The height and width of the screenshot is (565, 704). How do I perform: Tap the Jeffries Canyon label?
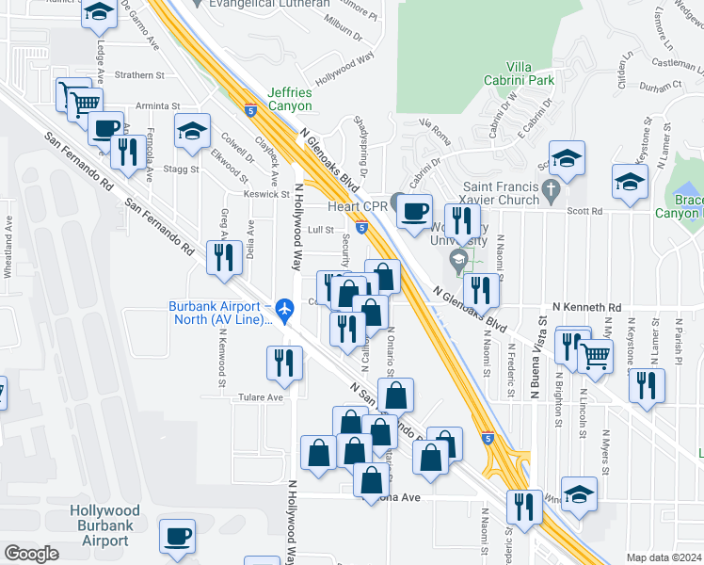point(290,99)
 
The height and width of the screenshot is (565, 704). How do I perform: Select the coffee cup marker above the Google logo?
point(177,535)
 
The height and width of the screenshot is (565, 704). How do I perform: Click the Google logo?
point(31,554)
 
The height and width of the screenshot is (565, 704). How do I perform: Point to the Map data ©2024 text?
point(663,557)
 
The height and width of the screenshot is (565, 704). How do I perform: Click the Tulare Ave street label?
point(261,397)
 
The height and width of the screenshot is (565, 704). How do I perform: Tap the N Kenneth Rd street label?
point(586,308)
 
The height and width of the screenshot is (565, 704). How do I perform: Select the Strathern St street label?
point(139,74)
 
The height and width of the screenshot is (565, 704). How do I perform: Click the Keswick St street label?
point(266,195)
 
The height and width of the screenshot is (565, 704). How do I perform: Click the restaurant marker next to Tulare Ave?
point(284,362)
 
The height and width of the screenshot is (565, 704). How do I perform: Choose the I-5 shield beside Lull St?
point(361,227)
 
